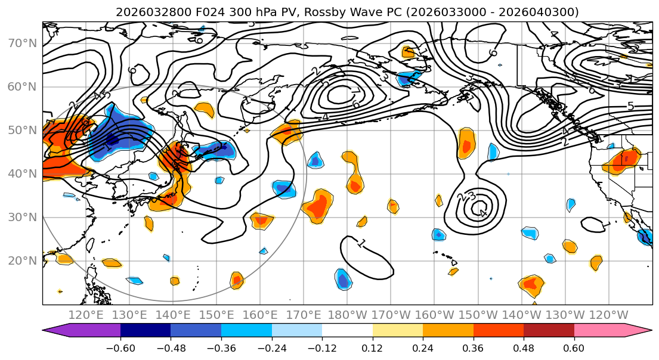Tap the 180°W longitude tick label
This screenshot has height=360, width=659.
point(347,315)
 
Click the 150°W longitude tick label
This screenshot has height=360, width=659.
point(478,315)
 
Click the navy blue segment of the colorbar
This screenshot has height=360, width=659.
point(146,331)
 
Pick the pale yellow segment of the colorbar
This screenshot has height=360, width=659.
point(397,331)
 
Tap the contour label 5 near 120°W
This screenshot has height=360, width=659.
point(630,107)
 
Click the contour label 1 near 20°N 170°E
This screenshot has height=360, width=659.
point(361,243)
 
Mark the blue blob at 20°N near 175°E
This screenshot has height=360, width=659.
point(343,279)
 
